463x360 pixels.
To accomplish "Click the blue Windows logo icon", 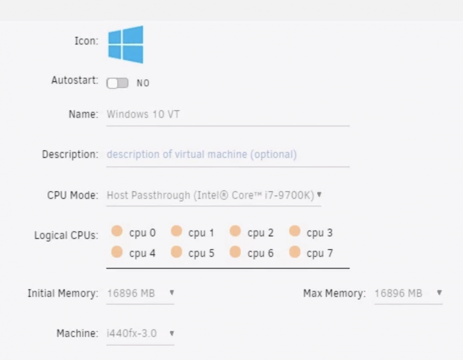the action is pos(126,44).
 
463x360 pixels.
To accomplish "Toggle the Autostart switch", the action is pos(117,83).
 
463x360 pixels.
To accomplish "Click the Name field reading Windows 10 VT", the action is pos(143,114).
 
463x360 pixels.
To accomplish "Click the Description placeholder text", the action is pos(202,154).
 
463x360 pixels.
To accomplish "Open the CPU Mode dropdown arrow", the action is pos(319,195).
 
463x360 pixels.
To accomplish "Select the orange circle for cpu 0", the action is pos(117,231).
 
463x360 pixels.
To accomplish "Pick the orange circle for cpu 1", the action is pos(176,231).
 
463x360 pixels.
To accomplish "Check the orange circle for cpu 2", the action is pos(235,231).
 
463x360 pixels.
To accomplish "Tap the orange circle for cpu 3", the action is pos(294,231).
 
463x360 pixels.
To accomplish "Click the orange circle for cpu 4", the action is pos(117,252).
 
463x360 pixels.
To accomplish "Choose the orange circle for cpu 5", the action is pos(176,252).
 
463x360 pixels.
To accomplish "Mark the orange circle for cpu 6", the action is pos(235,252).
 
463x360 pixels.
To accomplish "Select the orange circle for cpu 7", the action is pos(294,252).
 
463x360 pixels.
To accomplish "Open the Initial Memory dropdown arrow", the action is pos(172,293).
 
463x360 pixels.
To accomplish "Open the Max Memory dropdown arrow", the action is pos(439,293).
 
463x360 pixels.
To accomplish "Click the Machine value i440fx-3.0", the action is pos(131,334).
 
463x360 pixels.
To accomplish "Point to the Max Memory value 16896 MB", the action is pos(398,293).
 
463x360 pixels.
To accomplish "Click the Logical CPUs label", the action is pos(66,235).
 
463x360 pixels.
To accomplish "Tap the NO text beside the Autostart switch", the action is pos(143,83).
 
